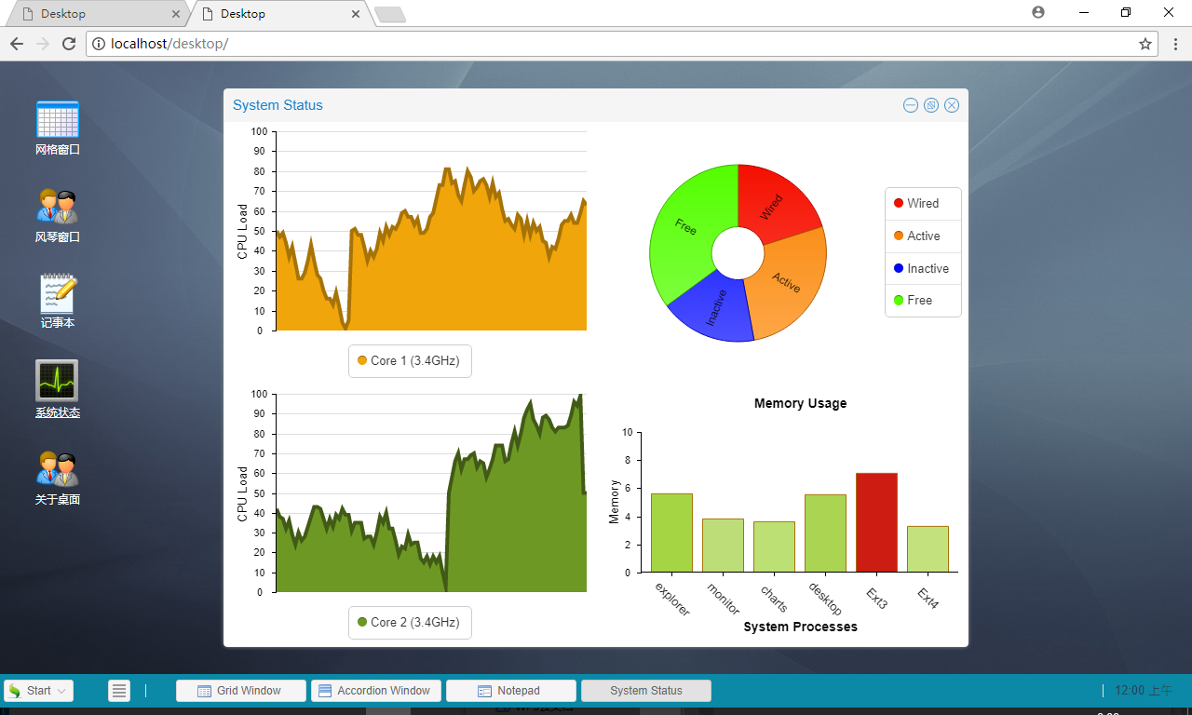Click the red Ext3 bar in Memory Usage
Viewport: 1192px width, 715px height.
(x=876, y=522)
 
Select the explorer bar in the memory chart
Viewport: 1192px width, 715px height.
(x=671, y=533)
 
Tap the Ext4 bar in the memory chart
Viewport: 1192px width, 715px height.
(x=928, y=549)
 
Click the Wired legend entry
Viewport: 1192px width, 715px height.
(x=916, y=203)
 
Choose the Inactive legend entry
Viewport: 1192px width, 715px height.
(x=921, y=268)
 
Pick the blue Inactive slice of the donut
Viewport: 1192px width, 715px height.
(x=713, y=310)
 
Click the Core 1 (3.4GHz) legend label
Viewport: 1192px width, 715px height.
(x=409, y=360)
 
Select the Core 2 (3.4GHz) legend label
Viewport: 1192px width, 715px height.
(x=409, y=622)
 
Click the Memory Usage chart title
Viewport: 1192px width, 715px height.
(x=800, y=403)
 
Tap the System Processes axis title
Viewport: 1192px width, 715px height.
(x=800, y=627)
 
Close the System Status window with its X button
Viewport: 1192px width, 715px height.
(x=952, y=105)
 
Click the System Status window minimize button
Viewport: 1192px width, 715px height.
(x=911, y=105)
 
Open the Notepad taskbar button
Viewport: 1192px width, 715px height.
(x=511, y=691)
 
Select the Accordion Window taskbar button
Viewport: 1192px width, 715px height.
(x=375, y=691)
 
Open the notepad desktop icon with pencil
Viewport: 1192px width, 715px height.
(x=58, y=292)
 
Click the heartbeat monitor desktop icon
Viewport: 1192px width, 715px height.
(x=57, y=381)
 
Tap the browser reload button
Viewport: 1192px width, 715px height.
(x=69, y=44)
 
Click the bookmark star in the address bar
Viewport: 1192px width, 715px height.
(x=1145, y=44)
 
